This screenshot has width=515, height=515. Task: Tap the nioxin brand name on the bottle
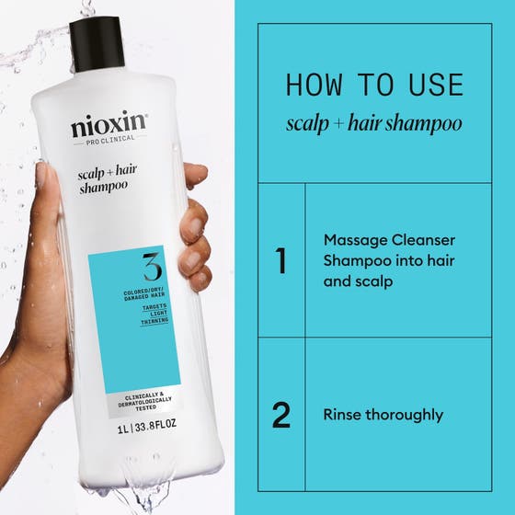click(109, 127)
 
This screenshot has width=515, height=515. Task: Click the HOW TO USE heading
click(374, 85)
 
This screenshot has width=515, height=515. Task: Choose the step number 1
click(281, 261)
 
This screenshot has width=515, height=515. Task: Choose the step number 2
click(281, 415)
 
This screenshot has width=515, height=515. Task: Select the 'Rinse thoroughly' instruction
click(383, 415)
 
